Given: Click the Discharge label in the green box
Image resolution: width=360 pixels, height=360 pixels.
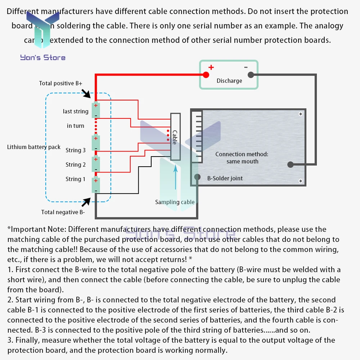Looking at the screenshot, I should tap(229, 81).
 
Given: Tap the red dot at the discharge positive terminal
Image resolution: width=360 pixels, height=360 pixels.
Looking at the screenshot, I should tap(206, 75).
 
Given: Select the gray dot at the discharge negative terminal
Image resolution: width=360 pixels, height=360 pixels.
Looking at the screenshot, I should tap(251, 75).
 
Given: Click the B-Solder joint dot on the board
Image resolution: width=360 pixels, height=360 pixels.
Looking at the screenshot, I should tap(197, 177).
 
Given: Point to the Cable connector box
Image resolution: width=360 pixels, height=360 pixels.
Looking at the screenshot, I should tap(175, 137).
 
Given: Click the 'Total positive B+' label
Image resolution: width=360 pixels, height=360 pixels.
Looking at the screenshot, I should tap(60, 84).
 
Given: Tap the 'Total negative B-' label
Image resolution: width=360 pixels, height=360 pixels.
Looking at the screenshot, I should tap(63, 212).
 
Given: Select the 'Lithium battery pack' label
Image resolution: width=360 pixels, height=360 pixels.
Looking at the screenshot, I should tap(34, 147).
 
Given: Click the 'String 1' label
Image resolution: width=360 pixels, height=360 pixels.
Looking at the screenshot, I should tap(76, 179).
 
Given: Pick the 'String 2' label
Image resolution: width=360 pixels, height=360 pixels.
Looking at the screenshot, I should tap(76, 165).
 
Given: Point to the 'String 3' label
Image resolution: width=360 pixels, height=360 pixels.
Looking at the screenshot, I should tap(76, 150).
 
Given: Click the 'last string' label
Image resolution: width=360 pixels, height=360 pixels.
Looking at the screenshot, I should tap(76, 111).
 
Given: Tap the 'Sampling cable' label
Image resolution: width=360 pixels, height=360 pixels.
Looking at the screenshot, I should tap(175, 202).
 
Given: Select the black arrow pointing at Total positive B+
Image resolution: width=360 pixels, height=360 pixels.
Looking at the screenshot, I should tap(87, 94).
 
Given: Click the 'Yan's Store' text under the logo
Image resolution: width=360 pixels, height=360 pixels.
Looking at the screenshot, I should tap(43, 58).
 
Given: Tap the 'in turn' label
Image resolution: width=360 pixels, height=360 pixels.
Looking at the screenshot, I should tap(76, 126).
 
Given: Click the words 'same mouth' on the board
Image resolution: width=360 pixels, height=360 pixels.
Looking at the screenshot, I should tap(242, 161).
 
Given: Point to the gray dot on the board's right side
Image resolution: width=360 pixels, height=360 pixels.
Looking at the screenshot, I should tap(290, 165).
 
